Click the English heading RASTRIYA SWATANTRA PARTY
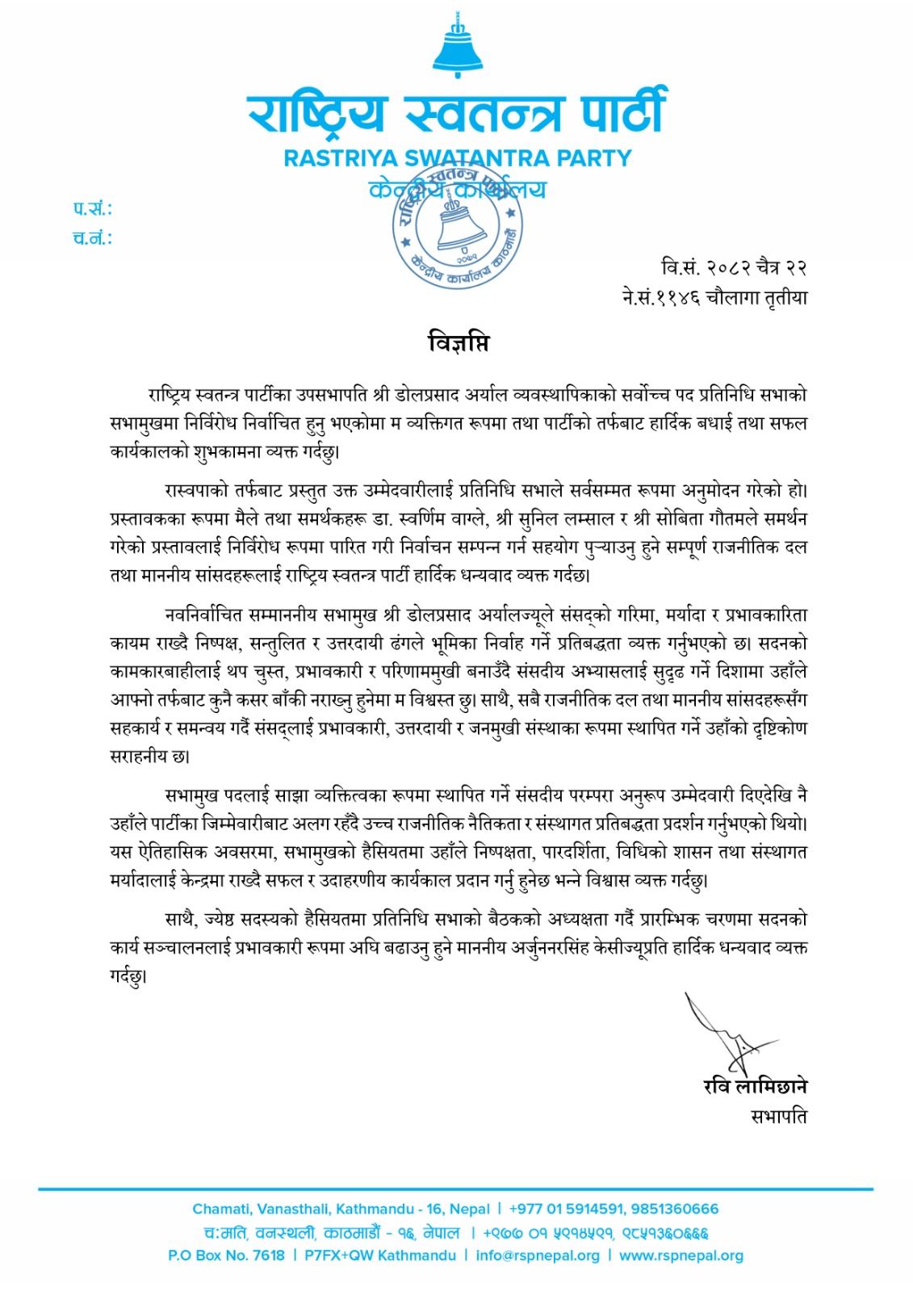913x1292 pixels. (x=457, y=158)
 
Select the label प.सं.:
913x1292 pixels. (x=93, y=209)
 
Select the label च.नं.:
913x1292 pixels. (x=93, y=238)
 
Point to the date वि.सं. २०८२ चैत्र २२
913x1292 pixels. (x=733, y=267)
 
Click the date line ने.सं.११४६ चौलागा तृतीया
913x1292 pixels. (x=714, y=297)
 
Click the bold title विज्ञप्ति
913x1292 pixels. (x=458, y=343)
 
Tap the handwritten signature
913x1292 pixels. (x=722, y=1034)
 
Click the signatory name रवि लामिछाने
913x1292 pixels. (x=755, y=1087)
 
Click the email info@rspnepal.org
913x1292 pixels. (x=538, y=1256)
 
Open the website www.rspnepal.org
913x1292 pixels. (x=681, y=1256)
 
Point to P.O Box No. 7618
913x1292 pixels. (x=226, y=1256)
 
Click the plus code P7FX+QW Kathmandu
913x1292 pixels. (x=380, y=1256)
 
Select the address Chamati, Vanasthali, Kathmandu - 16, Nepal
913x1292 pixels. (x=341, y=1209)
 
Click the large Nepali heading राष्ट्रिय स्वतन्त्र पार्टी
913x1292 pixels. (x=457, y=113)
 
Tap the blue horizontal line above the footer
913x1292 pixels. (x=456, y=1189)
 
